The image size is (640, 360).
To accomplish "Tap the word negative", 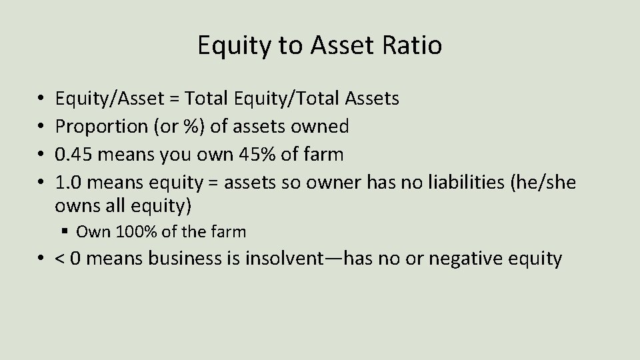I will point(467,259).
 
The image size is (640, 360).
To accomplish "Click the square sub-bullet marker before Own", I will point(65,232).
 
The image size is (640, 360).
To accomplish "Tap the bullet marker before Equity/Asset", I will point(41,99).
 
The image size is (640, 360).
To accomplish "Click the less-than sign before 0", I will point(62,259).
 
